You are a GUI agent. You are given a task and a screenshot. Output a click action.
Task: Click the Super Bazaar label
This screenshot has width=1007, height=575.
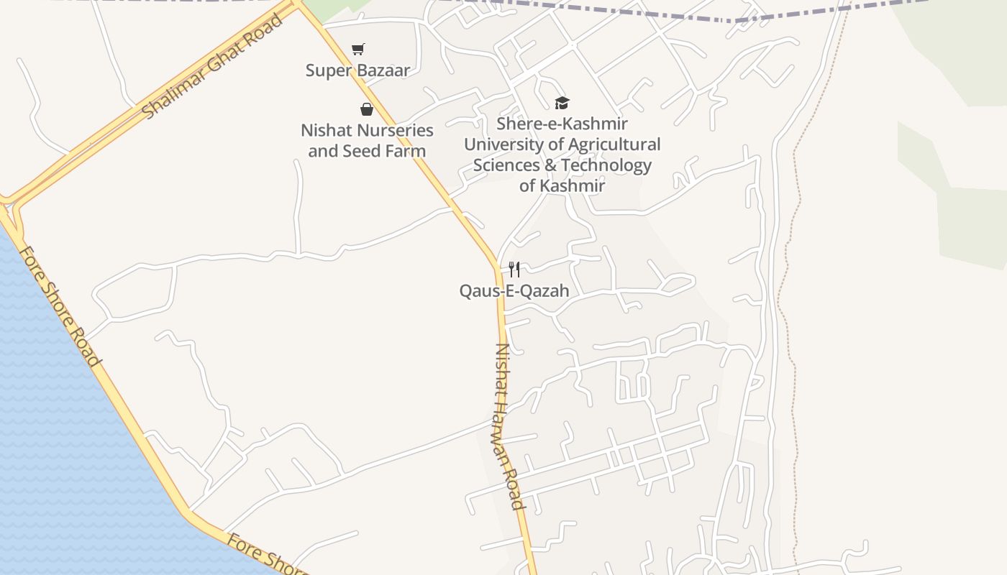tap(357, 70)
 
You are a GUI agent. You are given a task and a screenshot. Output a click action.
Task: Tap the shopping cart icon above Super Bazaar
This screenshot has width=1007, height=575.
tap(357, 49)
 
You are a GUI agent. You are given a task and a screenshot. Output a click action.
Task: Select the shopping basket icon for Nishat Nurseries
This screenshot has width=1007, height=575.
tap(367, 109)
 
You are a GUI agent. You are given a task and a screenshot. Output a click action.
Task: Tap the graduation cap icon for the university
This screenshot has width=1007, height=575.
tap(562, 103)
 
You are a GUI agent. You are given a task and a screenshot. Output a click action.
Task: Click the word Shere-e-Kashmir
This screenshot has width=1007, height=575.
tap(562, 124)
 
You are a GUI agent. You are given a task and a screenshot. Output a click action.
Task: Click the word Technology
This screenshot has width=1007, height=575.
tap(606, 165)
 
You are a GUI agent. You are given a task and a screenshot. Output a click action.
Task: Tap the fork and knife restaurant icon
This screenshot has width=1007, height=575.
tap(514, 270)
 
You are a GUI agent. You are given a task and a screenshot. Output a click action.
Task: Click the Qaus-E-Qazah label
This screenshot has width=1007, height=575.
tap(514, 291)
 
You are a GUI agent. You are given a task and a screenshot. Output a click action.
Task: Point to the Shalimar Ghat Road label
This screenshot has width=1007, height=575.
tap(212, 66)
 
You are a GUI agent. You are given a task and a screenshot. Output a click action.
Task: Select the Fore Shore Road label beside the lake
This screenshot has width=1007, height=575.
tap(59, 306)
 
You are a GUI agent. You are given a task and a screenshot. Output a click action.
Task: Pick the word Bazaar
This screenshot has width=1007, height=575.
tap(386, 70)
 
